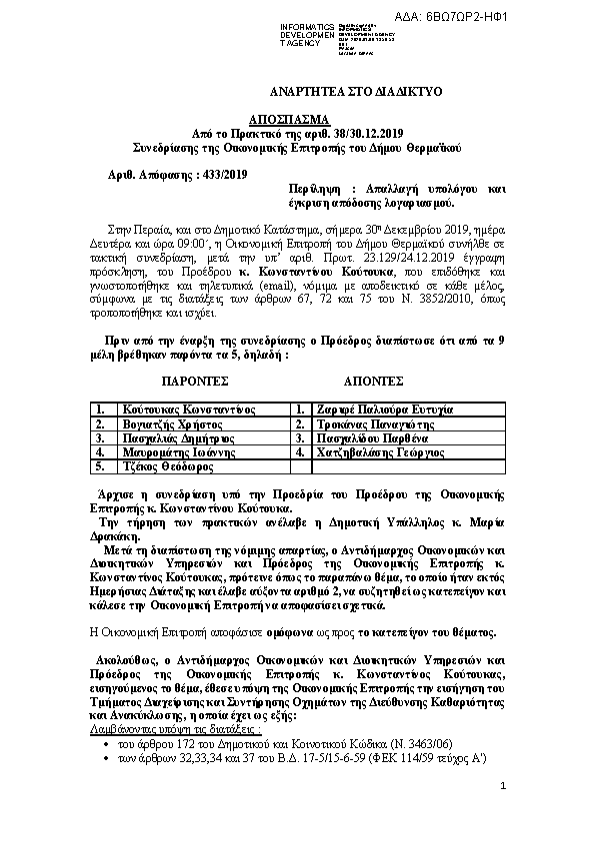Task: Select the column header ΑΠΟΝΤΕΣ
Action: click(x=373, y=381)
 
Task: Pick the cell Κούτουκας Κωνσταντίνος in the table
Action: click(x=188, y=410)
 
